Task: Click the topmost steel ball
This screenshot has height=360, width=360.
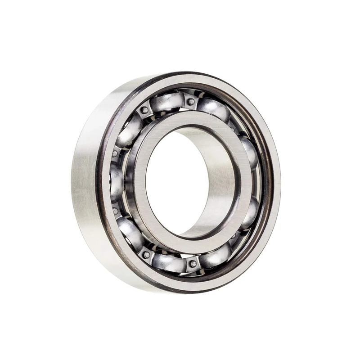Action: click(166, 103)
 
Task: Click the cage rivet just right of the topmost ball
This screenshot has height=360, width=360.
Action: click(191, 102)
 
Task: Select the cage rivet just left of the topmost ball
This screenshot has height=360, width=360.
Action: click(144, 110)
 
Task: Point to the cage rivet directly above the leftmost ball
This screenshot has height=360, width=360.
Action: click(115, 153)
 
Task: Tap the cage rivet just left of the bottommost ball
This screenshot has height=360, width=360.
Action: click(146, 254)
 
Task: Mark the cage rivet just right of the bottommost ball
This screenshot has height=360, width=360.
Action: click(193, 264)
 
